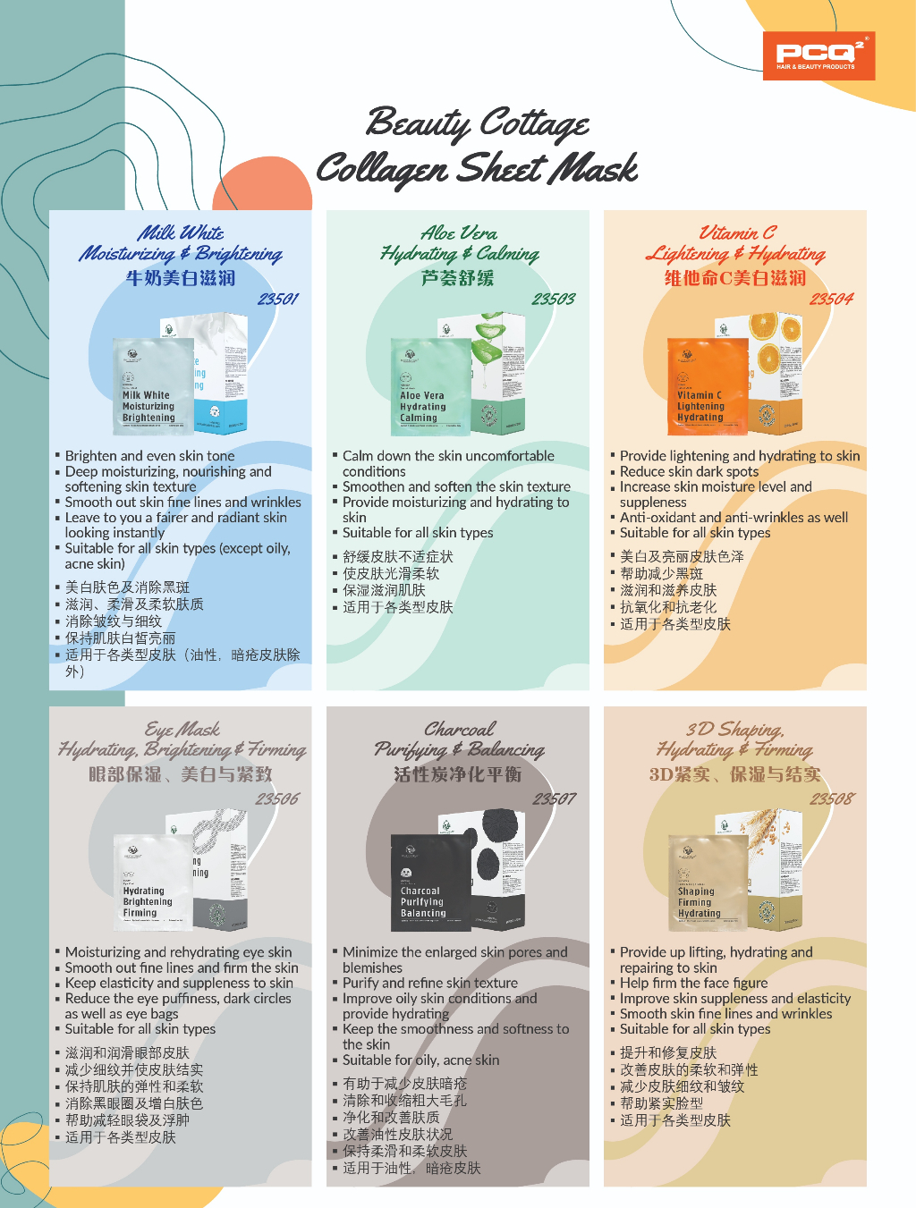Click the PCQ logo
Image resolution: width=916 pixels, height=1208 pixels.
pos(818,56)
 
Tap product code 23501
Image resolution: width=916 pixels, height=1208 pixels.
pos(278,299)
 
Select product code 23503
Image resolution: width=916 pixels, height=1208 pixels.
pos(554,299)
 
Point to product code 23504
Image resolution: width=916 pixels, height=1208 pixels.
pos(831,299)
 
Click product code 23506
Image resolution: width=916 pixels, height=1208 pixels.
pos(277,798)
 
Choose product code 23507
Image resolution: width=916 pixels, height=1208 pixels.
pos(555,798)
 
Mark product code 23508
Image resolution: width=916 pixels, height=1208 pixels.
pos(832,798)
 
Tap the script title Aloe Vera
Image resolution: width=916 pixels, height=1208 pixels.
pos(459,233)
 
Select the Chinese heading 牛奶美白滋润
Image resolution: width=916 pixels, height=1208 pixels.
pos(181,278)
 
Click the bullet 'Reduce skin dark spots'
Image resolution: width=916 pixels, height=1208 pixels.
pos(689,471)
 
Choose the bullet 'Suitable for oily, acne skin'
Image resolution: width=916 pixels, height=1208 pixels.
pos(420,1060)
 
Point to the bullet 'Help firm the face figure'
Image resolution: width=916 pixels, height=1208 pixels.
pos(693,983)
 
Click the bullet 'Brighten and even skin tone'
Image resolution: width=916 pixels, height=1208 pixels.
pos(149,456)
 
